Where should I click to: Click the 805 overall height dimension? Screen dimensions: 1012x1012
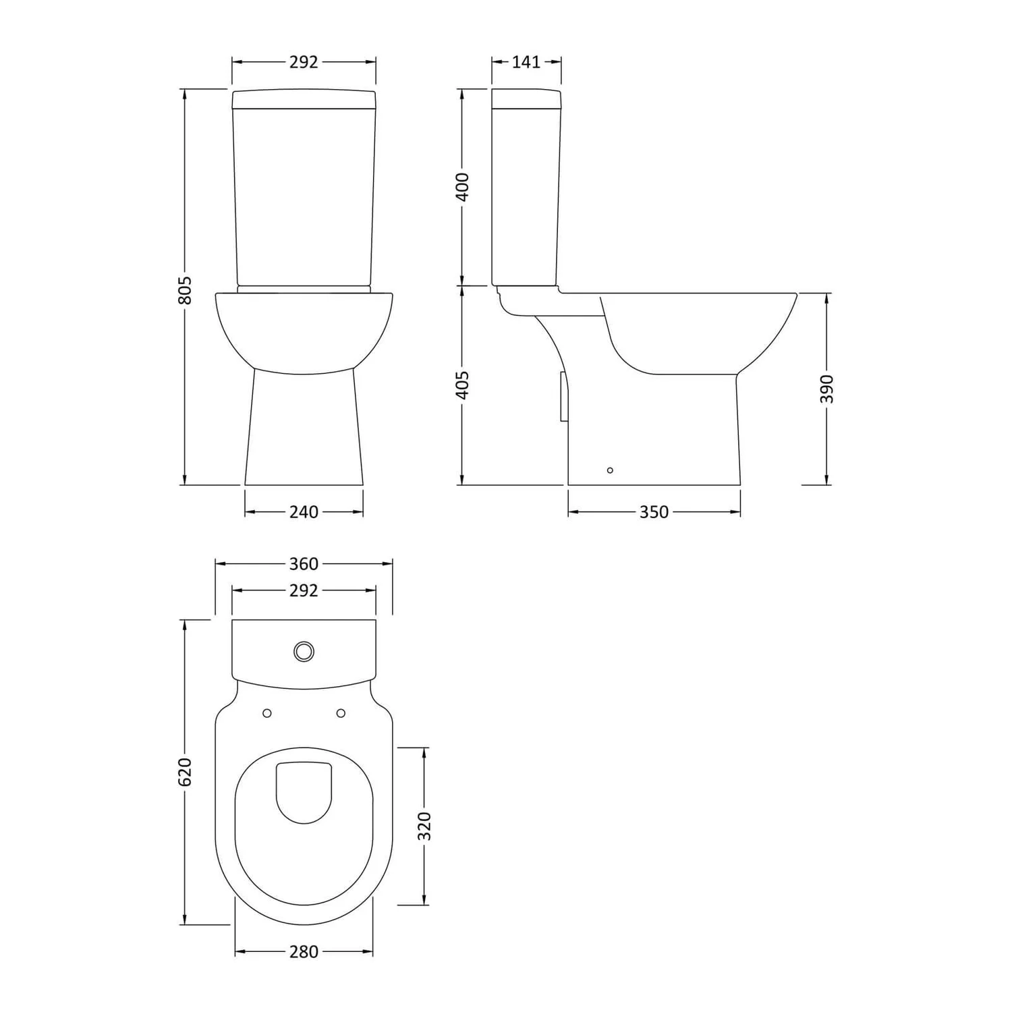(x=186, y=289)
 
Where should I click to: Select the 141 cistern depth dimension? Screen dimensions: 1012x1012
(x=526, y=62)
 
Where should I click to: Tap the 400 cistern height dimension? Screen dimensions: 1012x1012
(x=463, y=187)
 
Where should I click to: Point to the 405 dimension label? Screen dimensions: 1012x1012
(x=463, y=385)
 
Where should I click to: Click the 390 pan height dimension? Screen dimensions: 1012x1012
(x=827, y=389)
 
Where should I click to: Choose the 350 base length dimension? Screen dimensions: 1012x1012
(x=654, y=512)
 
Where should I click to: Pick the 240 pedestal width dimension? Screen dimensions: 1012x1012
(x=304, y=512)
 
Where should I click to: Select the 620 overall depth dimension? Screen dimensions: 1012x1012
(x=186, y=772)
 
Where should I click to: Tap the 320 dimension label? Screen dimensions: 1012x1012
(x=424, y=826)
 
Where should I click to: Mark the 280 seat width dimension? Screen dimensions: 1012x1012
(x=304, y=952)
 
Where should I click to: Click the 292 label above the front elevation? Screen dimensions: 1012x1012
(x=304, y=62)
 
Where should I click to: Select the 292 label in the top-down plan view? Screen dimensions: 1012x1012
(x=304, y=590)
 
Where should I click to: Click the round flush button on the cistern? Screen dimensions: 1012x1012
(x=304, y=651)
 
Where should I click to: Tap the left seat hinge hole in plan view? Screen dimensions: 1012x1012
(x=266, y=713)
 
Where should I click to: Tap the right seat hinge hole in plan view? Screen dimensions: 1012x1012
(x=341, y=713)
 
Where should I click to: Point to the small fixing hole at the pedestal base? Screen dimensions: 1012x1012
(x=610, y=470)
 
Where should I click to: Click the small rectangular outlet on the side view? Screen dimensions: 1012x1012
(x=563, y=397)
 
